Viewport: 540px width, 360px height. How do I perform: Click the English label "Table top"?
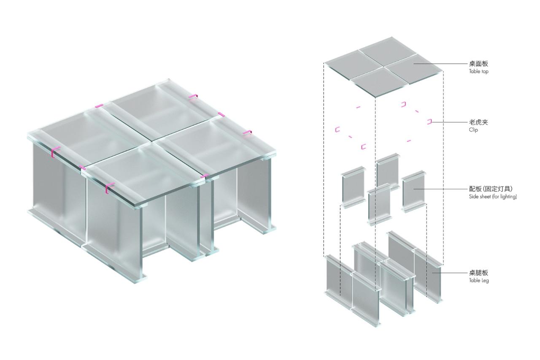[478, 72]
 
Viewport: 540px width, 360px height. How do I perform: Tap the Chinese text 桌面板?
[478, 64]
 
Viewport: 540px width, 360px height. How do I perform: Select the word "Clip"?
[473, 130]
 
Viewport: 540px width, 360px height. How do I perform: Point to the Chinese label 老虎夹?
[478, 122]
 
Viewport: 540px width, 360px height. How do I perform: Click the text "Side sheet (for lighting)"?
[492, 197]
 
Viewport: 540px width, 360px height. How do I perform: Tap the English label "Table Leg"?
[479, 280]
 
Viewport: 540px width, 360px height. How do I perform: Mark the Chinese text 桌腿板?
[478, 273]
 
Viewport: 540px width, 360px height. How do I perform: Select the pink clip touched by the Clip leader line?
[429, 122]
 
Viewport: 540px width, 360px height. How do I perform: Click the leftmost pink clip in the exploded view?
[337, 129]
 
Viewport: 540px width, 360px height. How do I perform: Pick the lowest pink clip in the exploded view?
[363, 147]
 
